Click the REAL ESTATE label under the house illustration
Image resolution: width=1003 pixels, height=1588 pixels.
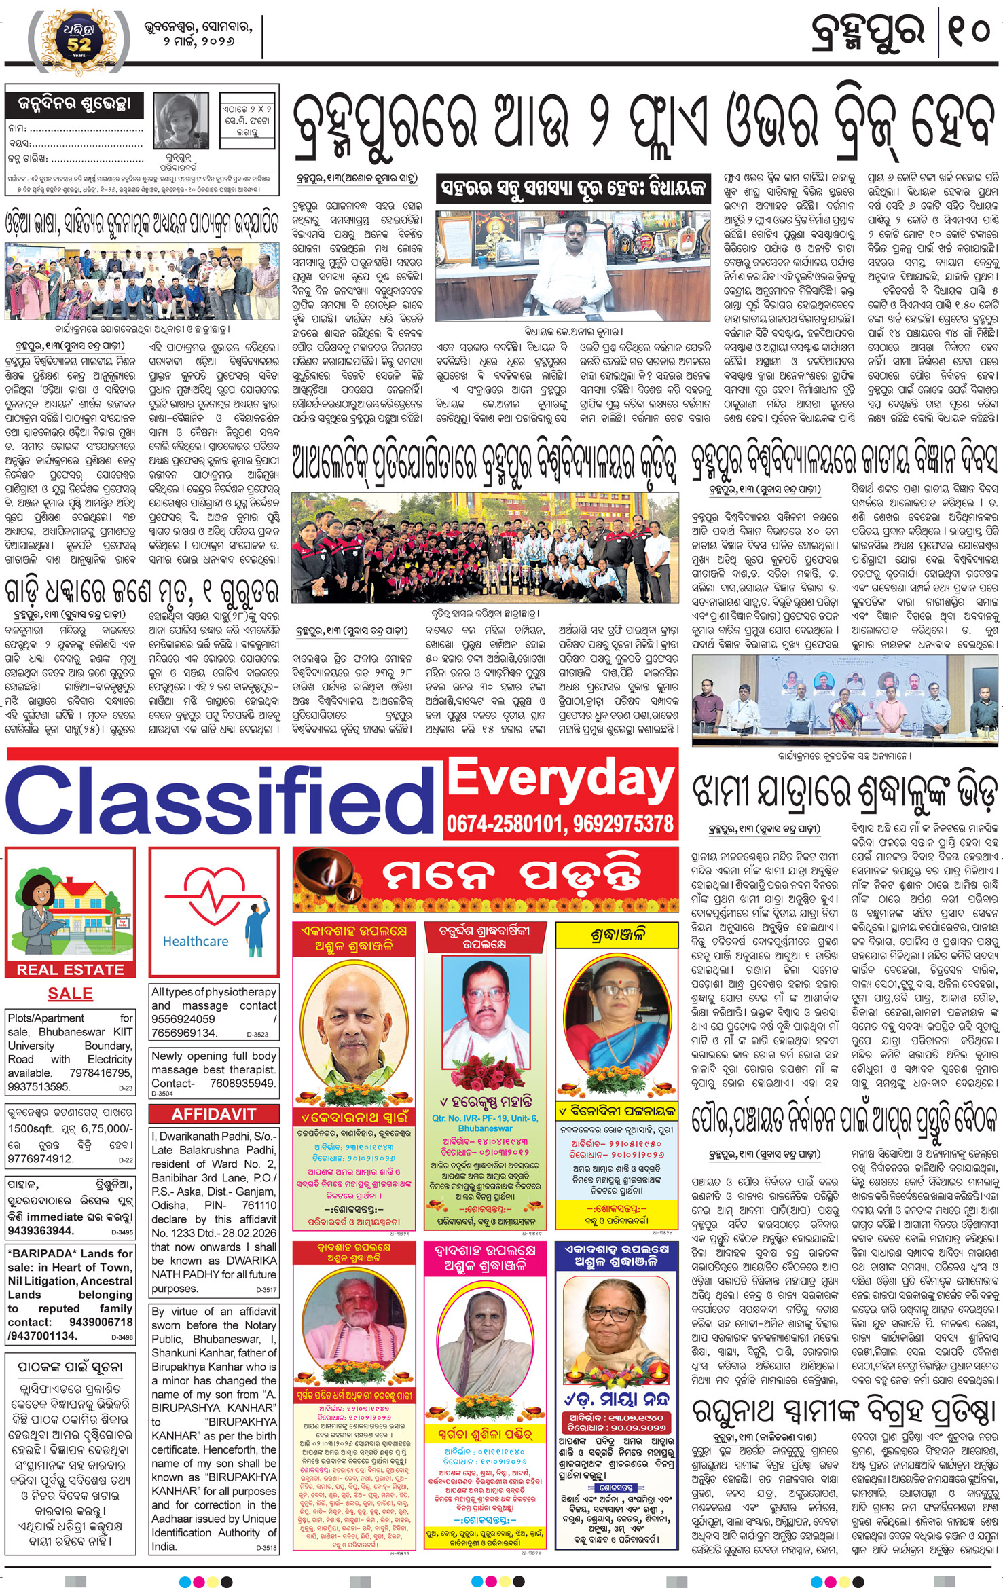[x=70, y=970]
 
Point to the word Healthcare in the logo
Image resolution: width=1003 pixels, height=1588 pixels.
[x=196, y=941]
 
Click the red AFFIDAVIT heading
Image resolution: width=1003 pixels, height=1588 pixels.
[x=213, y=1114]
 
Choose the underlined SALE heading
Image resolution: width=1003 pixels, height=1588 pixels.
[x=70, y=993]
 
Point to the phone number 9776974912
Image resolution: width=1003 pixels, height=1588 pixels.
[x=40, y=1158]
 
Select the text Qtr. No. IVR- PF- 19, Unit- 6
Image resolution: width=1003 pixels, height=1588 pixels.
[x=485, y=1118]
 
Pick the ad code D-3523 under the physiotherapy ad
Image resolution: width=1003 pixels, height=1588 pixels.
[x=257, y=1035]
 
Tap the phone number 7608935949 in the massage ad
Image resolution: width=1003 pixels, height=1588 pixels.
[x=242, y=1083]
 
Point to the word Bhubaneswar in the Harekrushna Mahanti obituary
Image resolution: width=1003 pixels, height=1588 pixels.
[x=485, y=1128]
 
